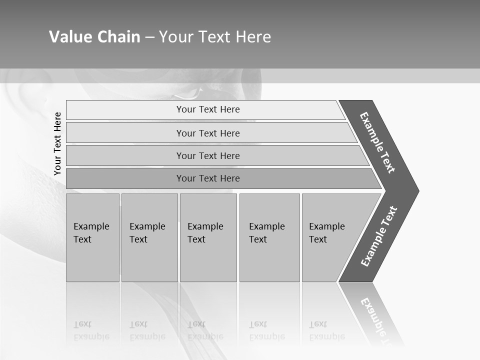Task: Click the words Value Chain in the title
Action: (x=94, y=36)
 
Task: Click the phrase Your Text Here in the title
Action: (x=215, y=36)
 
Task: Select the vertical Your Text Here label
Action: (x=57, y=143)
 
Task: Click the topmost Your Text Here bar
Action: (x=207, y=109)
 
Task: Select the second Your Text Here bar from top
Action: (x=207, y=133)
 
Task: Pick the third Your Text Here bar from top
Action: (x=207, y=155)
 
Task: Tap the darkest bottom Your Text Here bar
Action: (x=207, y=178)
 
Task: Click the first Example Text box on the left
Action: (x=92, y=237)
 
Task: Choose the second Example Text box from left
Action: (x=149, y=237)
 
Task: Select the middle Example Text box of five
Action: (x=208, y=237)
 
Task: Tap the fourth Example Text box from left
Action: (x=269, y=237)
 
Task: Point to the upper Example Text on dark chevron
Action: (x=377, y=142)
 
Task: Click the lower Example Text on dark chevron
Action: (x=378, y=236)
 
